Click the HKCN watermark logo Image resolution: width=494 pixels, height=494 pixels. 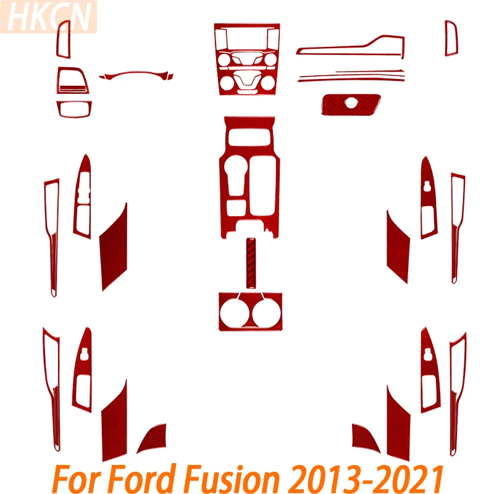point(48,17)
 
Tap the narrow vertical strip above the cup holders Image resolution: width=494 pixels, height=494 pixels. point(251,263)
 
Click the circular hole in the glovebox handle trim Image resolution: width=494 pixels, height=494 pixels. point(351,103)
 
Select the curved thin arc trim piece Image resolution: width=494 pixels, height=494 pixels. point(136,73)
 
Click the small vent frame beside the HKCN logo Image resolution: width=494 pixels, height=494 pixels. point(64,39)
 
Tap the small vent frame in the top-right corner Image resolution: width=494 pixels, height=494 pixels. point(451,38)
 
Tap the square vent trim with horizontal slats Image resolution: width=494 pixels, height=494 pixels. point(72,81)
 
